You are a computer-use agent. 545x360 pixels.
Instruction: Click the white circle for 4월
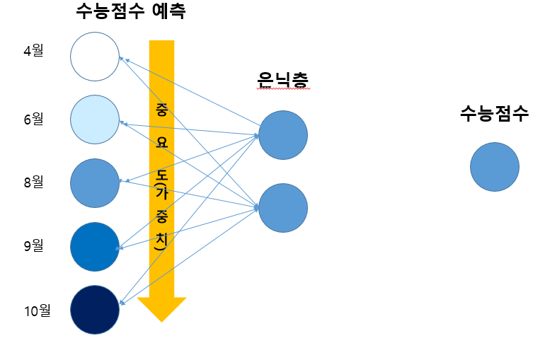point(94,57)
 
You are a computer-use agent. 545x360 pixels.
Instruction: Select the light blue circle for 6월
point(94,120)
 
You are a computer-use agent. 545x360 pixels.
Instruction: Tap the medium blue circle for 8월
point(94,183)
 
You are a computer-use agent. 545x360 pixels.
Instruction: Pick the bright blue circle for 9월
point(94,246)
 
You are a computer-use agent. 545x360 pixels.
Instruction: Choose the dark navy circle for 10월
point(94,310)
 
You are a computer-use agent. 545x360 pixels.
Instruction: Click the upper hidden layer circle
point(282,135)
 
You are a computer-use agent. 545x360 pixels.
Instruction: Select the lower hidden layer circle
point(282,208)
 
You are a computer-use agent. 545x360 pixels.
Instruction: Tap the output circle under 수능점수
point(494,167)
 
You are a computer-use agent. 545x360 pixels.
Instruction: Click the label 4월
point(33,52)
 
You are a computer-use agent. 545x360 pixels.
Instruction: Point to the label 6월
point(33,119)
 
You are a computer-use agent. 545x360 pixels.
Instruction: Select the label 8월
point(33,182)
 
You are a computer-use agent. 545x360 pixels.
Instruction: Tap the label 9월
point(33,245)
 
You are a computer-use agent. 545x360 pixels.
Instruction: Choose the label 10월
point(36,310)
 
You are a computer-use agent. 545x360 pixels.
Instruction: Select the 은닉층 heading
point(282,81)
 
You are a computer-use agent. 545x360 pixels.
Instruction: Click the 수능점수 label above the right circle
point(494,114)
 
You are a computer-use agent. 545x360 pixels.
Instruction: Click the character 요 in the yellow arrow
point(161,141)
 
